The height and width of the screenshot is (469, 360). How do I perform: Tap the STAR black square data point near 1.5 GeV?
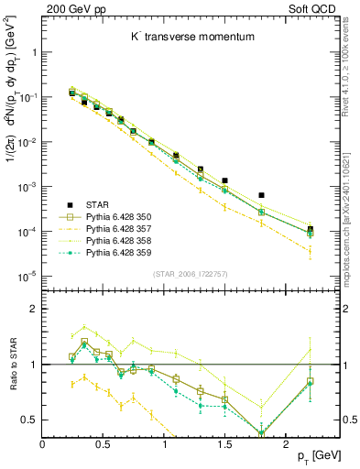click(x=224, y=181)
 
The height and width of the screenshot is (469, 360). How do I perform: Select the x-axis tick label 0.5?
click(x=104, y=444)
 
